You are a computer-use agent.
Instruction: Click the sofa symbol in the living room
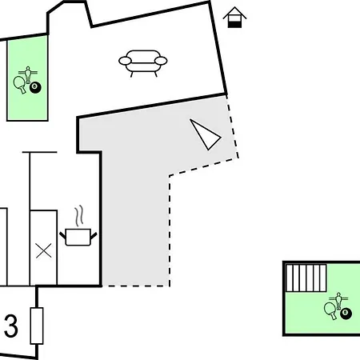coord(142,63)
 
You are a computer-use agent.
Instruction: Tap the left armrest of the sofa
coord(125,61)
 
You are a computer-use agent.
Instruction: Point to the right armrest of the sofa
coord(161,61)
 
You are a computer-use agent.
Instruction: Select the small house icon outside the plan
coord(234,17)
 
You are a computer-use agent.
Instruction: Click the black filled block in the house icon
coord(234,25)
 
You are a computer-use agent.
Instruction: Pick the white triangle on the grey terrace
coord(205,134)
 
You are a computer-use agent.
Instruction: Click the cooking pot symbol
coord(78,237)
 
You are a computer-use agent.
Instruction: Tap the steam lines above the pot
coord(79,215)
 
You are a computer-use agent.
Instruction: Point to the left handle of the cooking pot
coord(62,235)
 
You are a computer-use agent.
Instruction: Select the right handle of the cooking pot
coord(94,235)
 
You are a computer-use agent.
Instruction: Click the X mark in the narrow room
coord(44,251)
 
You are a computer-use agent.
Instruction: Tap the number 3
coord(11,326)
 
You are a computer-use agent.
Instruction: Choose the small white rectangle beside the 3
coord(37,326)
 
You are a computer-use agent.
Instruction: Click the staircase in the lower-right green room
coord(306,278)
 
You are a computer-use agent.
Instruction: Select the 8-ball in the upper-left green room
coord(35,87)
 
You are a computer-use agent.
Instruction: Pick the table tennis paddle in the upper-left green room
coord(20,84)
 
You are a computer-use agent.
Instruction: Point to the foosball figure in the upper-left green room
coord(28,74)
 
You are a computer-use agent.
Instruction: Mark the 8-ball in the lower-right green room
coord(346,314)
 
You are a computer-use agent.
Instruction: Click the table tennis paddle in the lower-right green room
coord(330,310)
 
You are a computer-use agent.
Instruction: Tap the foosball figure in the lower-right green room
coord(338,300)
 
